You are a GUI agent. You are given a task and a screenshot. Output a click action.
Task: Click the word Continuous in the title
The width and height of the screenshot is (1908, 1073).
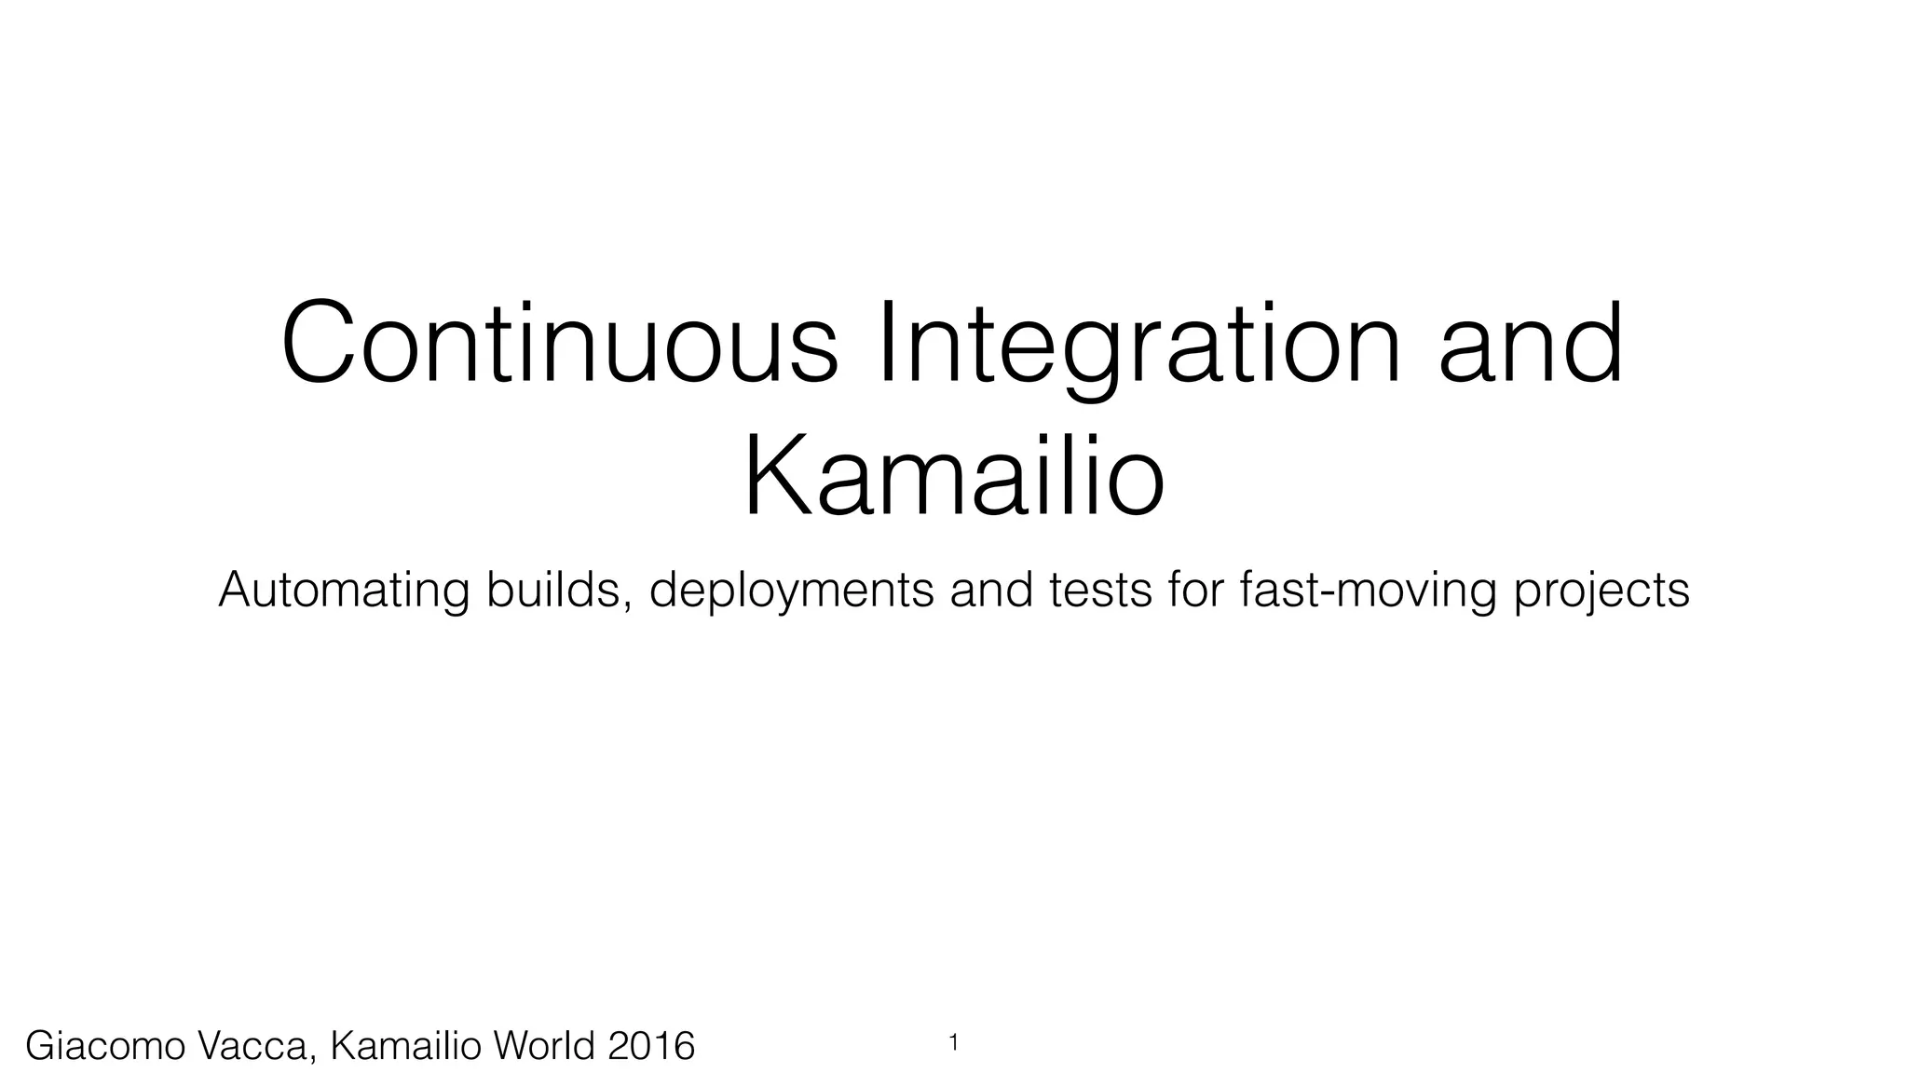point(560,344)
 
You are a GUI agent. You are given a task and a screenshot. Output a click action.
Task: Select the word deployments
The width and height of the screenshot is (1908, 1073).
point(791,591)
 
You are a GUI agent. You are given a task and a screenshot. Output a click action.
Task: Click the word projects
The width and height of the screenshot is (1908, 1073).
point(1601,591)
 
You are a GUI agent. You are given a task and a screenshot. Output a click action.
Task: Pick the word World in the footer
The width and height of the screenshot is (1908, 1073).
point(545,1046)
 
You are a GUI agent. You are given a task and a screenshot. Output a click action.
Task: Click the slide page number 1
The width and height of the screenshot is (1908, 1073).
point(953,1043)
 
